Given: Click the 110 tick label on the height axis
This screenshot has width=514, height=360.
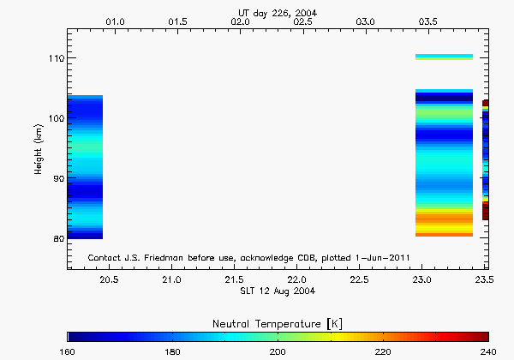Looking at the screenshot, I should point(53,58).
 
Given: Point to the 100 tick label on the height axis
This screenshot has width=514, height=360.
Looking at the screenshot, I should point(53,118).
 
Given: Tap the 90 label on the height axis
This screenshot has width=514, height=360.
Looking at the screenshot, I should point(56,178).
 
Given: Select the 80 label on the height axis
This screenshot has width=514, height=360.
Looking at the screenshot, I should point(56,238).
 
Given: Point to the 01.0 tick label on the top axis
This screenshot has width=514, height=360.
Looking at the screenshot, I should point(115,20).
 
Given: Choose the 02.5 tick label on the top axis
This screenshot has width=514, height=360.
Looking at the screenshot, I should point(303,20).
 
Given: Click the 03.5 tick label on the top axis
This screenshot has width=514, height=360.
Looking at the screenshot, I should point(428,20).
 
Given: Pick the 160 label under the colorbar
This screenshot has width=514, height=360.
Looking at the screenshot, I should point(69,351).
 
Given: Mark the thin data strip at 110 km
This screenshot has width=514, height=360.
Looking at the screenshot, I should point(444,57).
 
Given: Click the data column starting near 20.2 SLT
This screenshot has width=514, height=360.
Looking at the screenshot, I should point(85,167).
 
